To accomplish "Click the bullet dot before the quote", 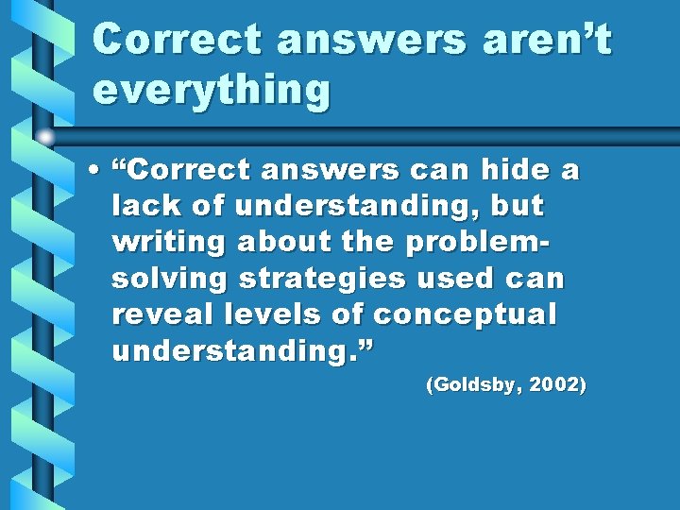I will [x=97, y=172].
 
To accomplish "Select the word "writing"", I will [x=168, y=244].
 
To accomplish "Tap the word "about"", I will [x=277, y=243].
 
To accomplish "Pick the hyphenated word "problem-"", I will [x=477, y=244].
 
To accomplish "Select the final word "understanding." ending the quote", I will [x=243, y=351].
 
